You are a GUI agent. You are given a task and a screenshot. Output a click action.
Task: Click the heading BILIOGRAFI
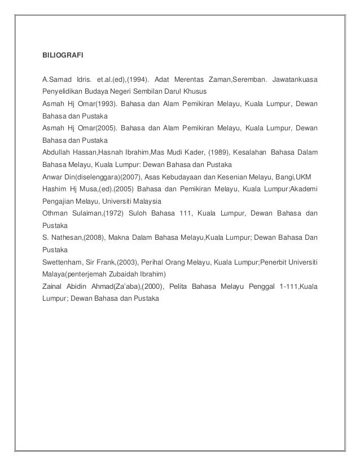tap(63, 56)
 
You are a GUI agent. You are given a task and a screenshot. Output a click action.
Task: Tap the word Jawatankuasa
tap(295, 79)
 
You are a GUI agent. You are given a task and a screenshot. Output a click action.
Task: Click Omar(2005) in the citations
tap(91, 128)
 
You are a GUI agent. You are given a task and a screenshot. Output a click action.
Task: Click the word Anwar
tap(52, 177)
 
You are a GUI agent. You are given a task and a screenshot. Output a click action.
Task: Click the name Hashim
tap(55, 189)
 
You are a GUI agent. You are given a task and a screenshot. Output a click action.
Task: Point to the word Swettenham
tap(64, 262)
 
